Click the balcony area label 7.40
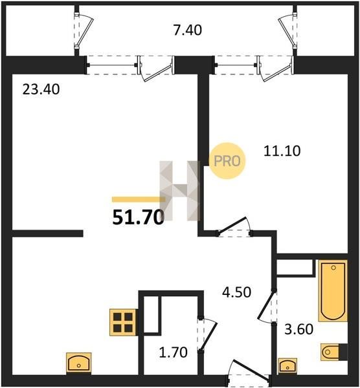pyautogui.click(x=188, y=30)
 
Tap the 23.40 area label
pyautogui.click(x=41, y=89)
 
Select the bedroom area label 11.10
pyautogui.click(x=282, y=151)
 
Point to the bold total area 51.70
pyautogui.click(x=139, y=218)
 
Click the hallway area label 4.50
pyautogui.click(x=236, y=292)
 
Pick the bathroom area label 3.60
pyautogui.click(x=298, y=329)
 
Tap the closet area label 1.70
pyautogui.click(x=173, y=352)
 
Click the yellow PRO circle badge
pyautogui.click(x=227, y=161)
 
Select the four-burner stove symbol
pyautogui.click(x=123, y=322)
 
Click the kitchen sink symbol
pyautogui.click(x=79, y=363)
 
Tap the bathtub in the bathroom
pyautogui.click(x=333, y=290)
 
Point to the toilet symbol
pyautogui.click(x=333, y=352)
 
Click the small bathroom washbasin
pyautogui.click(x=287, y=366)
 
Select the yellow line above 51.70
pyautogui.click(x=139, y=199)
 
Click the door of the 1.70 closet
pyautogui.click(x=208, y=334)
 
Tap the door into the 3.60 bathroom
pyautogui.click(x=267, y=306)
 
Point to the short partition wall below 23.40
pyautogui.click(x=47, y=233)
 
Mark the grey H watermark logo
pyautogui.click(x=179, y=191)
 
